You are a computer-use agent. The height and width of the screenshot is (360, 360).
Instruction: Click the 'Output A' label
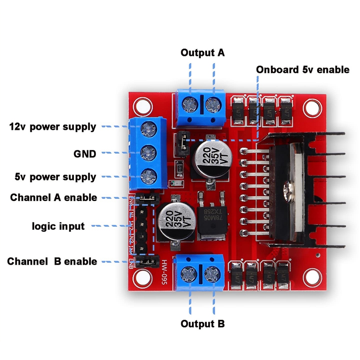click(202, 53)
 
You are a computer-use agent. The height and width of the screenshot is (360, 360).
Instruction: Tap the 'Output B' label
click(202, 323)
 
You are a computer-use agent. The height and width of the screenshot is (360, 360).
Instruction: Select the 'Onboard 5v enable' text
click(302, 69)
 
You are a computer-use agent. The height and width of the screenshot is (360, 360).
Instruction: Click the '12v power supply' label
click(52, 127)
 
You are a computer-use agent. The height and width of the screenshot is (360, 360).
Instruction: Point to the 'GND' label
click(85, 154)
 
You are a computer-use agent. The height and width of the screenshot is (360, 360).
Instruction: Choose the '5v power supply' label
click(55, 177)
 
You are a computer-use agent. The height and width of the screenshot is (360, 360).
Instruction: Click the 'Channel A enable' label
click(53, 198)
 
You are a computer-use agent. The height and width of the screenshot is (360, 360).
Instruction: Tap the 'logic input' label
click(58, 226)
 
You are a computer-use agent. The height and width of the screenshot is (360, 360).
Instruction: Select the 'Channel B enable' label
click(52, 262)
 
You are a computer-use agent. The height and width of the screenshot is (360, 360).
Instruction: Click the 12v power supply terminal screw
click(148, 130)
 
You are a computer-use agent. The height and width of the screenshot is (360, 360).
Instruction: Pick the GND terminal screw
click(148, 152)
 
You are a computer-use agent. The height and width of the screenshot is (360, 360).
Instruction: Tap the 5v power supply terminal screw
click(148, 174)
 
